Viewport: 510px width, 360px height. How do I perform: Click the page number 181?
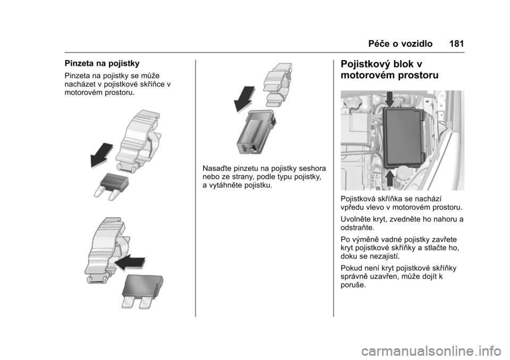pyautogui.click(x=457, y=44)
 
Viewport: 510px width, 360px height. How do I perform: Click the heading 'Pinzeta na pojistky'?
pyautogui.click(x=102, y=63)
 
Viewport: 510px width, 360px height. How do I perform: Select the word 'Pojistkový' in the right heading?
pyautogui.click(x=373, y=64)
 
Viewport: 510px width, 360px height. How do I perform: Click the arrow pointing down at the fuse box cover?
pyautogui.click(x=389, y=99)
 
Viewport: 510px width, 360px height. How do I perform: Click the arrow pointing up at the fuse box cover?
pyautogui.click(x=389, y=178)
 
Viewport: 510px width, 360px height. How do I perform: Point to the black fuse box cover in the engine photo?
pyautogui.click(x=404, y=138)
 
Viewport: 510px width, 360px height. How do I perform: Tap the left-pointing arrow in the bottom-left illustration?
pyautogui.click(x=130, y=261)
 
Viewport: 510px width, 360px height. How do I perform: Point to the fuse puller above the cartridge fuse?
pyautogui.click(x=279, y=84)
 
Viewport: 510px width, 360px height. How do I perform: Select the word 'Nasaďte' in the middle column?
pyautogui.click(x=217, y=168)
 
